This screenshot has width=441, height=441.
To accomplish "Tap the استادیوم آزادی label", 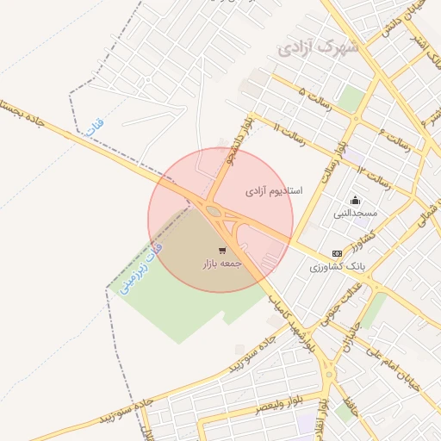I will (274, 189).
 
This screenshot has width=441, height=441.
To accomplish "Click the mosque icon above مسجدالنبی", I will (357, 200).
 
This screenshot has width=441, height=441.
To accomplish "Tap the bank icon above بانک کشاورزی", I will (337, 253).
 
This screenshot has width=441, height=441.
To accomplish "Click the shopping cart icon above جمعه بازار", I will (222, 251).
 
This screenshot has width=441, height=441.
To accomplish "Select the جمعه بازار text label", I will (220, 263).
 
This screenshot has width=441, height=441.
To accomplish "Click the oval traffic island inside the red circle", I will (212, 210).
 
